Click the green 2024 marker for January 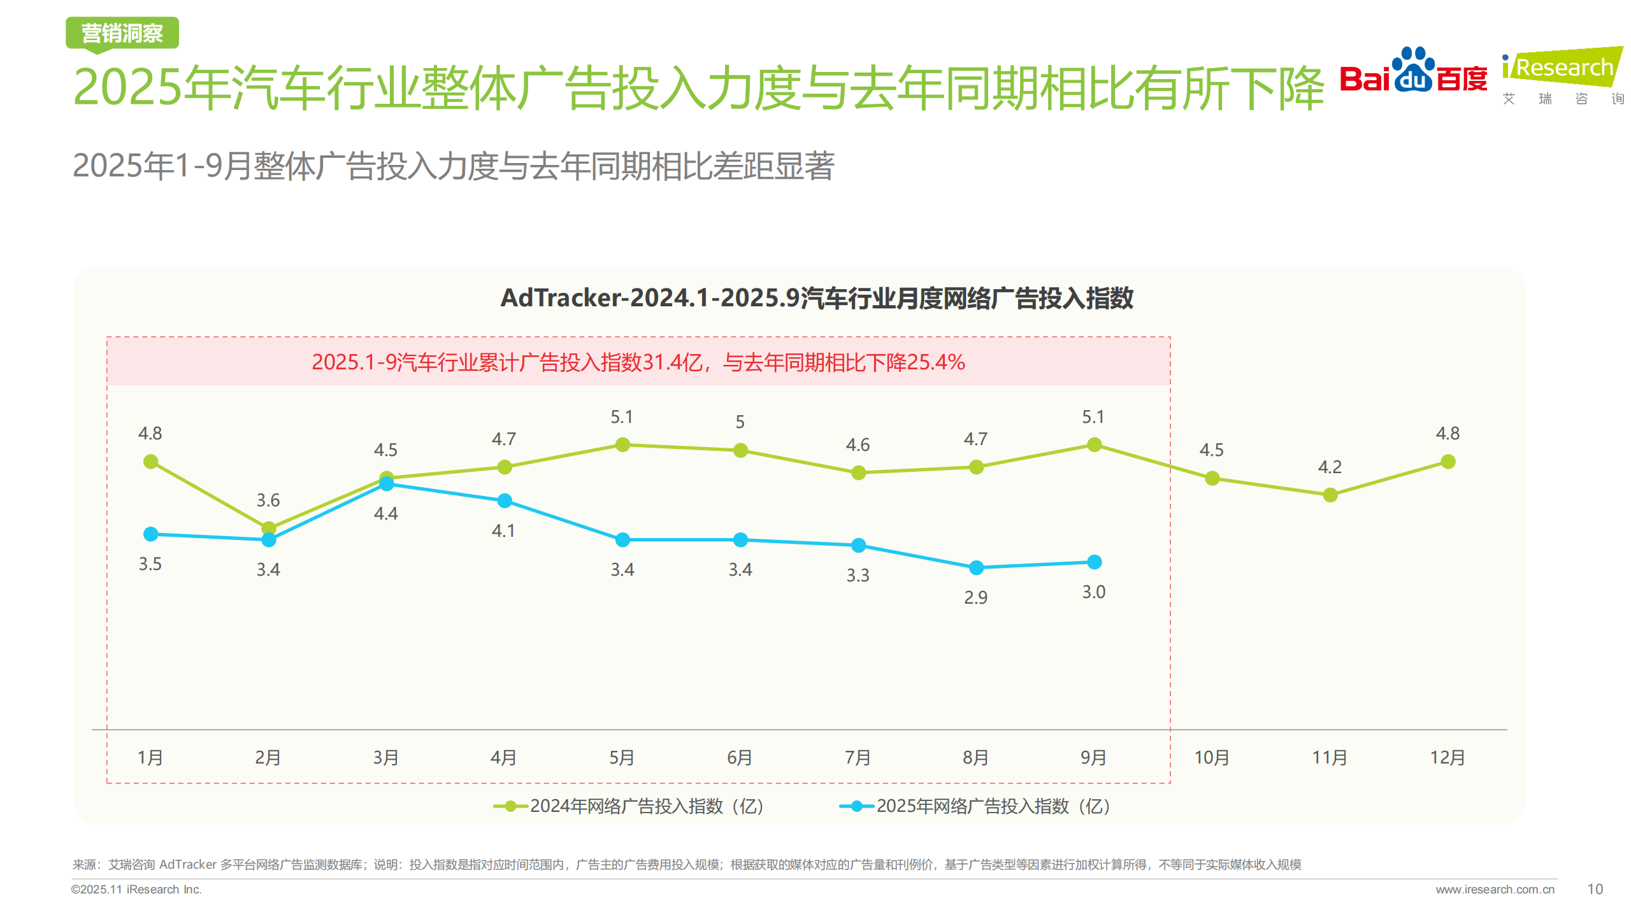click(151, 462)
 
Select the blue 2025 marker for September click(1094, 562)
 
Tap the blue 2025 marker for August click(976, 567)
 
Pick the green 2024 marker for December click(1448, 462)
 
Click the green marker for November click(1330, 495)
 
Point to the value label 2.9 click(975, 597)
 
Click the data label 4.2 click(1330, 467)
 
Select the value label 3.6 click(268, 500)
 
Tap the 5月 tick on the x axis click(622, 757)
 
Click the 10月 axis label click(1211, 757)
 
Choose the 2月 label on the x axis click(268, 757)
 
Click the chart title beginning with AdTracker click(817, 298)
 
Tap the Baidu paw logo click(1413, 70)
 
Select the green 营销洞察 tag click(122, 33)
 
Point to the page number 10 click(1595, 889)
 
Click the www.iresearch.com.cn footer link click(1495, 890)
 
